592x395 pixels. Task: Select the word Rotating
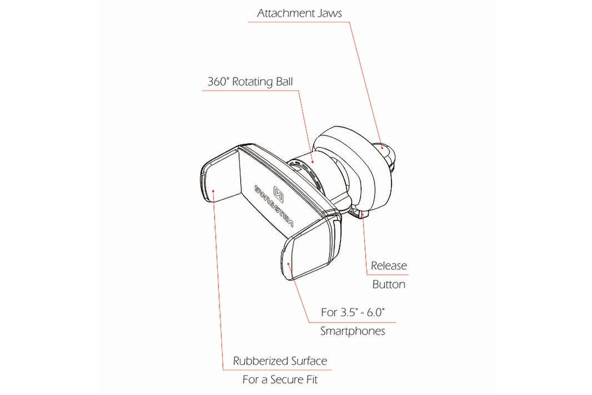(253, 82)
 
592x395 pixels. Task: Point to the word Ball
(284, 81)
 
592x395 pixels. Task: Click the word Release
(389, 266)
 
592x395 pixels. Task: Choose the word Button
(389, 284)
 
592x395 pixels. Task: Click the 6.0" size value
(375, 313)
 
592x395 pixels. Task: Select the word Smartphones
(353, 331)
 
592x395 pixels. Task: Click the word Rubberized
(260, 361)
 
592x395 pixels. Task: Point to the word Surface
(309, 361)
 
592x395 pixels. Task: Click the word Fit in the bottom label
(312, 380)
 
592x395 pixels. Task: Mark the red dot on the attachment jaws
(382, 148)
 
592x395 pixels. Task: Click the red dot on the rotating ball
(312, 162)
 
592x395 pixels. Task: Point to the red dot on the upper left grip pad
(213, 190)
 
